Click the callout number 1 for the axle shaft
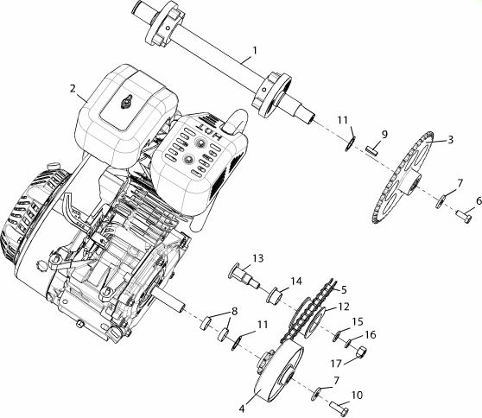(254, 50)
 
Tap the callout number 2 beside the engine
(73, 88)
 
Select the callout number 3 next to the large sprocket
(450, 140)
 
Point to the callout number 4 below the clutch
(242, 408)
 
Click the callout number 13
(258, 258)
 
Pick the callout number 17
(336, 364)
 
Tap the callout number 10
(357, 395)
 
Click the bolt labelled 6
(464, 218)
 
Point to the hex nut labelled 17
(362, 351)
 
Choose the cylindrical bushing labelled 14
(275, 295)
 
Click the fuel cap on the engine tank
(126, 102)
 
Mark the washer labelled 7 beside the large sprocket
(441, 201)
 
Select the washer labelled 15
(337, 336)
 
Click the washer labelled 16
(348, 344)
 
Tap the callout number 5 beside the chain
(344, 289)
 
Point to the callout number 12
(344, 307)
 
